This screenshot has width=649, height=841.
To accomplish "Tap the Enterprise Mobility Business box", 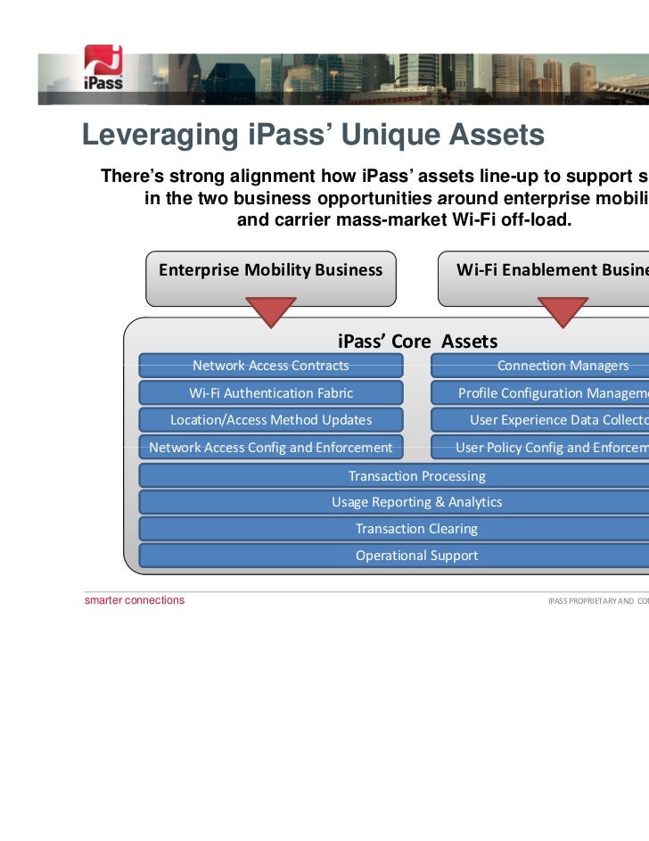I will (270, 270).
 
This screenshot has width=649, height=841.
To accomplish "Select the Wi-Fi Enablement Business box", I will (544, 270).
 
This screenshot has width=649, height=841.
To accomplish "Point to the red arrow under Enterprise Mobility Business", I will (270, 311).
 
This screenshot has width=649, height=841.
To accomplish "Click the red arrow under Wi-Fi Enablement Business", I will (563, 311).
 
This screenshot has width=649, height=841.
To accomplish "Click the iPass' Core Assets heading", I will (417, 342).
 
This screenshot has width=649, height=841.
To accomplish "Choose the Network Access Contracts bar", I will (271, 366).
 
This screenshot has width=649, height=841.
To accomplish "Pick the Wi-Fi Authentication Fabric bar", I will (271, 392).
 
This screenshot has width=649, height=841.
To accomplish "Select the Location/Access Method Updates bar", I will (271, 420).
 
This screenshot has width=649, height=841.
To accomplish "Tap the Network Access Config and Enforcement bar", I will (271, 447).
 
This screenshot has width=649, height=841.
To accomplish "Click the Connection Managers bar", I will (540, 366).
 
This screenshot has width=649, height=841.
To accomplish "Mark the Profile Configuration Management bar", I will (540, 392).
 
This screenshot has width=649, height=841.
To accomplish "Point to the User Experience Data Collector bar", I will (540, 420).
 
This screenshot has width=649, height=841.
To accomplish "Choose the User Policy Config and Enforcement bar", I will (540, 447).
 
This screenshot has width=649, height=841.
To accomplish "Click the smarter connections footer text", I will (135, 600).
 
